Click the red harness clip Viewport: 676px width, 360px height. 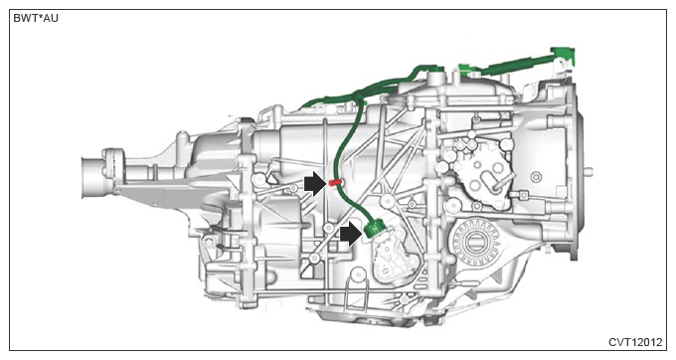click(335, 183)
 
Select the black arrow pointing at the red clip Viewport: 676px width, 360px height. click(315, 184)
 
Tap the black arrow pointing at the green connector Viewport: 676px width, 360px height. click(351, 234)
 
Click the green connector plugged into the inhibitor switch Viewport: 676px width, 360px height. click(374, 228)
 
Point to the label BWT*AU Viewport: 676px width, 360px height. click(36, 19)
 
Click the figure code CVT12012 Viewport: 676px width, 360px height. click(635, 342)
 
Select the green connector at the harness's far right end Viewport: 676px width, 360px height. click(566, 56)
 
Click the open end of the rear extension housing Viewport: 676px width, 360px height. click(90, 177)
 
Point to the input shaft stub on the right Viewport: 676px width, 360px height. click(588, 172)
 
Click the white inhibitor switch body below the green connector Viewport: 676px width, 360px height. click(394, 258)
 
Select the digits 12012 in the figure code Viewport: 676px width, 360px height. click(647, 342)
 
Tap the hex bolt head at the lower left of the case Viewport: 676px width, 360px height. click(209, 242)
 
